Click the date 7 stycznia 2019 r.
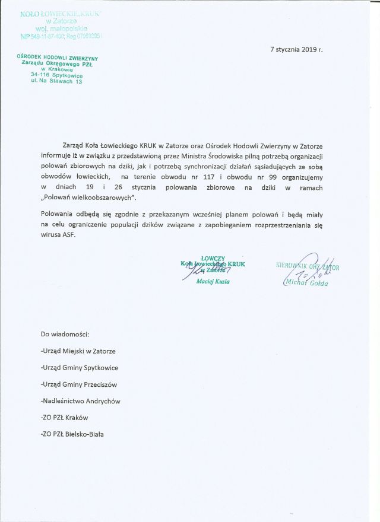296,49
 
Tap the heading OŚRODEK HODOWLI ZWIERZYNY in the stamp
58,58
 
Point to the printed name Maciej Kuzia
213,281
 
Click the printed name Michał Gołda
306,282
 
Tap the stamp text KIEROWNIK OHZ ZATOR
308,267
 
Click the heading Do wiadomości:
64,335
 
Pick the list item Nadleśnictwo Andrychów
80,401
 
